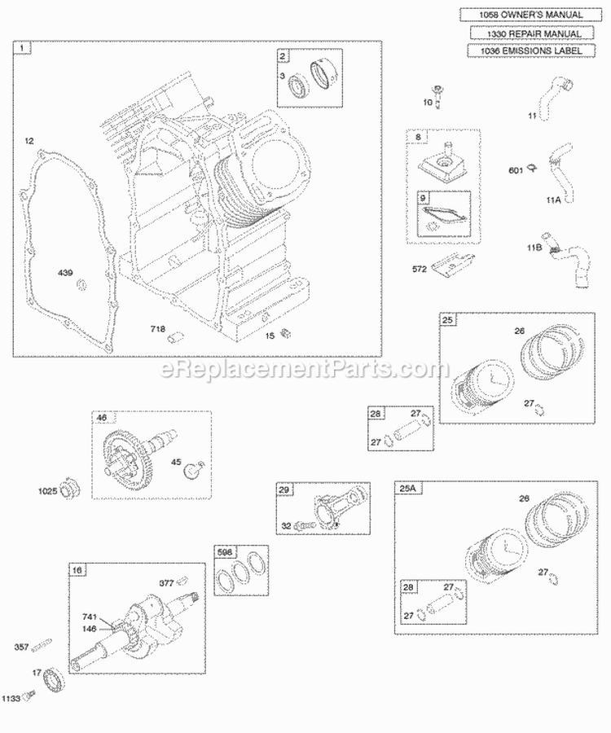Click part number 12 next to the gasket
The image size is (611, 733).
(29, 142)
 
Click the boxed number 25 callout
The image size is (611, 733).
(447, 321)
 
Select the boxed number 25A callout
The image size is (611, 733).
(405, 488)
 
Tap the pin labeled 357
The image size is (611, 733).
(43, 645)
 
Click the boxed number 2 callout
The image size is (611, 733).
(283, 57)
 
